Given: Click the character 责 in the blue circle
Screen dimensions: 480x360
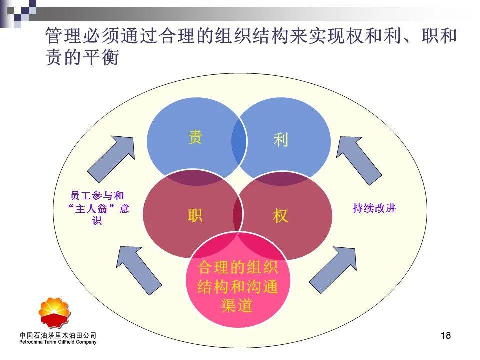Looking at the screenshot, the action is pos(195,137).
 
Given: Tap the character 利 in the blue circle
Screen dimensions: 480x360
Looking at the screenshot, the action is pos(281,140).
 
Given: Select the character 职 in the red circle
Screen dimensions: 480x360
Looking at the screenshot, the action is pos(195,215).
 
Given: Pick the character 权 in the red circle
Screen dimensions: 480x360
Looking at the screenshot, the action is pos(281,216).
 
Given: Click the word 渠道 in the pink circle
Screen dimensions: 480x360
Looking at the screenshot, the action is pos(237,306).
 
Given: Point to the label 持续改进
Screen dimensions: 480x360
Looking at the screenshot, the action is pos(374,208).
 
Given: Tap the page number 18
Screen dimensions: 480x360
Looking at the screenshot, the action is pos(446,336).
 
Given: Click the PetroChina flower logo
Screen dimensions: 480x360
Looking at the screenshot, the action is pos(55,313).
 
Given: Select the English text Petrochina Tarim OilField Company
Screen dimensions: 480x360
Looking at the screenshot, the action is pos(58,342).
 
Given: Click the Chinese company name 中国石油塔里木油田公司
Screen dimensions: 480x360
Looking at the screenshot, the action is pos(58,336).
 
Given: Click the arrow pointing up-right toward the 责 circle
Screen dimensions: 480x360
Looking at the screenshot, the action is pos(111,159).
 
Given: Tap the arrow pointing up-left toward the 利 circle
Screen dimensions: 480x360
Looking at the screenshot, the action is pos(359,160).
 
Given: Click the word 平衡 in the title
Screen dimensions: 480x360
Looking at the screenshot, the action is pos(101,57).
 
